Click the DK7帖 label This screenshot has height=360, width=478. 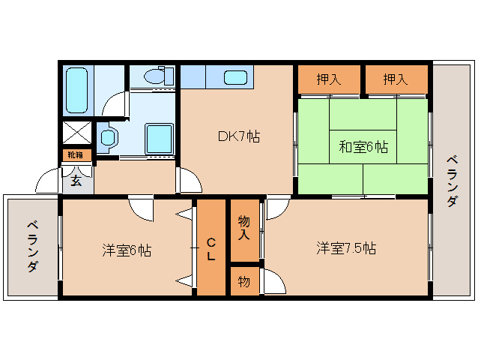[238, 136]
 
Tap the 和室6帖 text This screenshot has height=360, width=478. [363, 146]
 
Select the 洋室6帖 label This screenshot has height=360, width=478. [127, 250]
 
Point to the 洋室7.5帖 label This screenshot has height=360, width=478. [345, 248]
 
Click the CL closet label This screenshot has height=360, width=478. [211, 248]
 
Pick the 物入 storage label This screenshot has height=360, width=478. [243, 228]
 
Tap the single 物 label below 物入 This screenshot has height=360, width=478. [243, 281]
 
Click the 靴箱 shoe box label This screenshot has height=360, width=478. [76, 154]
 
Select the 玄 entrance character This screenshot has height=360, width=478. [76, 180]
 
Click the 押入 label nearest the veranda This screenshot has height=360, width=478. [396, 79]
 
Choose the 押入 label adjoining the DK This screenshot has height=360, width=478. [329, 79]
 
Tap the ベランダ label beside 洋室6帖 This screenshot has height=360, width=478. [32, 247]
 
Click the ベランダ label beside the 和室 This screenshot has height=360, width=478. [452, 181]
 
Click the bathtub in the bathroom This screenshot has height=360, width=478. [77, 90]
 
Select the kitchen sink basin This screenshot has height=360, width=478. [235, 76]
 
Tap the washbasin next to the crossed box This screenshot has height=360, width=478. [109, 137]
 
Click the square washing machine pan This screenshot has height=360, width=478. [160, 139]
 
